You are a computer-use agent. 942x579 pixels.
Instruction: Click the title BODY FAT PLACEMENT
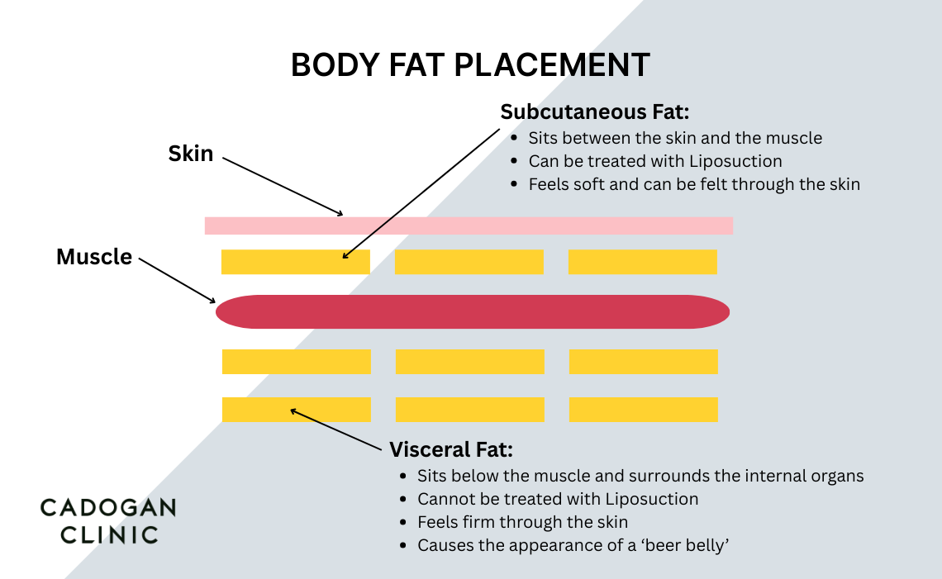[470, 65]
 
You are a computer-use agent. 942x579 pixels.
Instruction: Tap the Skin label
[191, 154]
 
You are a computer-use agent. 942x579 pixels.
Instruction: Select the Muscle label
[94, 257]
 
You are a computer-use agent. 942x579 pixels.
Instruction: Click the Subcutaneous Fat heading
[595, 112]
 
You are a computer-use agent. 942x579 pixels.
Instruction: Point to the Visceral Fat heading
[451, 450]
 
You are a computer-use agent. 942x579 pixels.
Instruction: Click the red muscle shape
[473, 311]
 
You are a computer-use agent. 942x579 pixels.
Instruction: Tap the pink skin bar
[469, 225]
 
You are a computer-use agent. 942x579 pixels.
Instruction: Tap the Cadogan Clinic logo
[108, 520]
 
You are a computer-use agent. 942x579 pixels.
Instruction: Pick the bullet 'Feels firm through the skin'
[522, 522]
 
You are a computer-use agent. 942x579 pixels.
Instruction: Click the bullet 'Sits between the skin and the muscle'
[675, 138]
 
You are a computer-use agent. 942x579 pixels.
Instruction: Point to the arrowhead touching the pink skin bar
[339, 213]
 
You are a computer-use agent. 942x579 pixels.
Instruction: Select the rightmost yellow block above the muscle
[642, 262]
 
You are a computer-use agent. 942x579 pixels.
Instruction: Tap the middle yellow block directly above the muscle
[469, 262]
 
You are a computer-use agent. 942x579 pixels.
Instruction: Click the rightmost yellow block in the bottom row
[643, 410]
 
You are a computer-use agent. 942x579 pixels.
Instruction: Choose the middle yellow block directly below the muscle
[469, 362]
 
